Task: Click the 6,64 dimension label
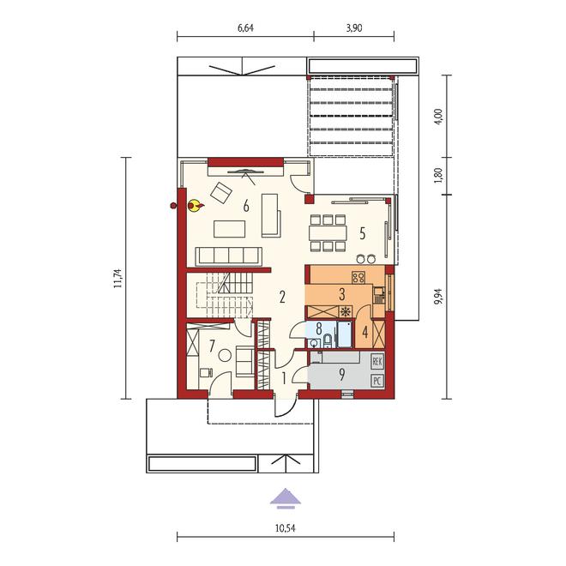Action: [x=245, y=27]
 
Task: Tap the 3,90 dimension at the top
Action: [x=354, y=27]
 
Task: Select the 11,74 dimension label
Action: [x=117, y=279]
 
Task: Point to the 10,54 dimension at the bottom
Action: [x=286, y=528]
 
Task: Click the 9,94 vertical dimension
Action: [x=439, y=297]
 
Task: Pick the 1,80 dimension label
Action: [x=439, y=176]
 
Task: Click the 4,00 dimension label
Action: [x=439, y=117]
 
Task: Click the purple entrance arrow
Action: [x=286, y=498]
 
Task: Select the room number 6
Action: [x=246, y=207]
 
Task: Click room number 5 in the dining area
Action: [x=363, y=233]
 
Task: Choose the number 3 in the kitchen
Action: [x=342, y=294]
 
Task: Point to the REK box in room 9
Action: [x=377, y=362]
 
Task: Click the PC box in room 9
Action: [x=377, y=381]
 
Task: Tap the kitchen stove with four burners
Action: [x=358, y=277]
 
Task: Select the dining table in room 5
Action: [x=328, y=232]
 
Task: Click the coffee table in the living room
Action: [x=230, y=229]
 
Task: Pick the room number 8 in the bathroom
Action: [x=319, y=328]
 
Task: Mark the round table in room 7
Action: [x=225, y=356]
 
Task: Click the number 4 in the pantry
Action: [x=365, y=332]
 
